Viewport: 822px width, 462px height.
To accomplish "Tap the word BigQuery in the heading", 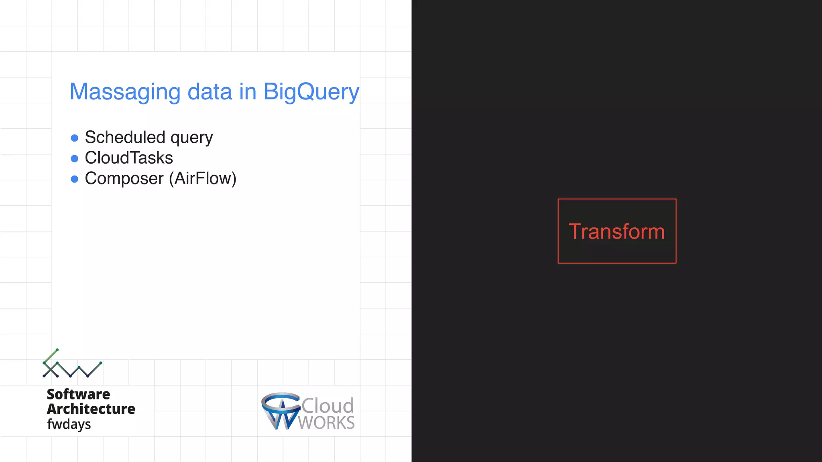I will [311, 92].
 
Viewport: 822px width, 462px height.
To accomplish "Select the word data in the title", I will [210, 91].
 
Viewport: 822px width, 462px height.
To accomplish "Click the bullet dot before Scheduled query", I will [74, 138].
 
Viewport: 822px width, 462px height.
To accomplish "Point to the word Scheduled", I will [125, 137].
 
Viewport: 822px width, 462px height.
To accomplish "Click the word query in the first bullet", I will [191, 138].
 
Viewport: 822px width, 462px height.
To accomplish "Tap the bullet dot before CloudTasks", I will [74, 159].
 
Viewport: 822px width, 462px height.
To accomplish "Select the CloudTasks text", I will [129, 158].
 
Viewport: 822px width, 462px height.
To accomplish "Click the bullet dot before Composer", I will [74, 179].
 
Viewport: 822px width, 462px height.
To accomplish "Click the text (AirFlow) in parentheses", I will [203, 178].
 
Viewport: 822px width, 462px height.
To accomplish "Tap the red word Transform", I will [616, 232].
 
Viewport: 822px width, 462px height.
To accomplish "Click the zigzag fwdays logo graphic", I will [72, 364].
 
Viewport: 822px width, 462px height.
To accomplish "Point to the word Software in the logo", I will [78, 394].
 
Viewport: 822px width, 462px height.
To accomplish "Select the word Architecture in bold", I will [91, 409].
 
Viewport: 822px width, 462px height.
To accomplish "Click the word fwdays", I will [69, 424].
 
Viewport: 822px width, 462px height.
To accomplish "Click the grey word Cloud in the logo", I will [328, 405].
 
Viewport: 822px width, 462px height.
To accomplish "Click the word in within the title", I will [248, 91].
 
